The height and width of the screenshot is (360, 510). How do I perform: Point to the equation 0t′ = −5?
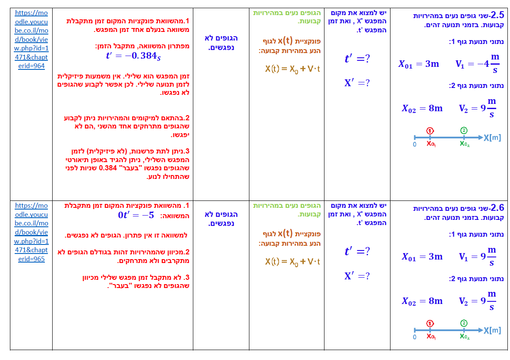pyautogui.click(x=136, y=215)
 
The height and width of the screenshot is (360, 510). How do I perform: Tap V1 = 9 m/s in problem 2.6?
pyautogui.click(x=478, y=257)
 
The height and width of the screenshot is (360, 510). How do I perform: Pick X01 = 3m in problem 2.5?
pyautogui.click(x=419, y=64)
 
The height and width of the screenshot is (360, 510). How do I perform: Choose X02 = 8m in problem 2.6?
pyautogui.click(x=422, y=301)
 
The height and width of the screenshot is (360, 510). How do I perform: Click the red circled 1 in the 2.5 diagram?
pyautogui.click(x=430, y=130)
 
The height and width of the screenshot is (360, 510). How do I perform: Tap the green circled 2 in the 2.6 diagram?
pyautogui.click(x=464, y=323)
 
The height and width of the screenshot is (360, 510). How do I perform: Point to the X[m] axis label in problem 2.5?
pyautogui.click(x=492, y=138)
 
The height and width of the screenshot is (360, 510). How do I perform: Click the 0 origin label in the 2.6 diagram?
pyautogui.click(x=415, y=337)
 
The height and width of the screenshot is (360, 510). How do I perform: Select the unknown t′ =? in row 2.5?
pyautogui.click(x=357, y=59)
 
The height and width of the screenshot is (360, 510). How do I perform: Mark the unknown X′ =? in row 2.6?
pyautogui.click(x=357, y=276)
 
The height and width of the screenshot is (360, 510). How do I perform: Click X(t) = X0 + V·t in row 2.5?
pyautogui.click(x=293, y=69)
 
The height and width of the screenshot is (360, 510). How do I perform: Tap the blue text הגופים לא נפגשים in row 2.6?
pyautogui.click(x=221, y=219)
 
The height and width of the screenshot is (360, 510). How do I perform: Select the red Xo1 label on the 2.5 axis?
pyautogui.click(x=431, y=144)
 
